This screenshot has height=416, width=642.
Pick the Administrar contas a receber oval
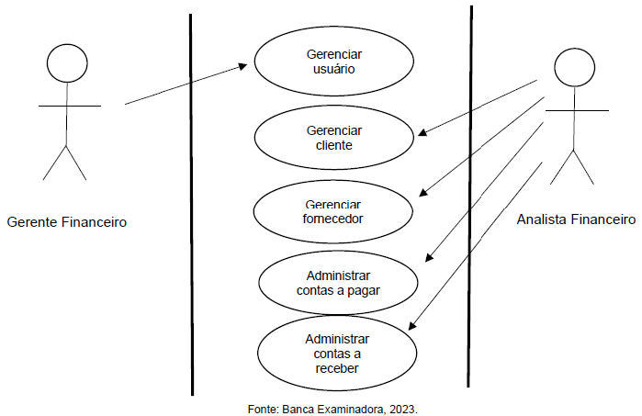336,354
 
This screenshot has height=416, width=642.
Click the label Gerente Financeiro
66,221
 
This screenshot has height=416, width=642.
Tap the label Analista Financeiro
576,219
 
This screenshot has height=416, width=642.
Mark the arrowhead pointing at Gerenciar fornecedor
423,193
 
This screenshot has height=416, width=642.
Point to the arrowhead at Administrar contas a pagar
427,261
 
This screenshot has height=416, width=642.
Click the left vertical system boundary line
191,202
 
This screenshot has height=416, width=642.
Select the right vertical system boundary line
470,202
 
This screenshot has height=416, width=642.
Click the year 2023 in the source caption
402,407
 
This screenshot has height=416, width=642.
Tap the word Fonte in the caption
263,407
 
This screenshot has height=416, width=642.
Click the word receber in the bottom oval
335,368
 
